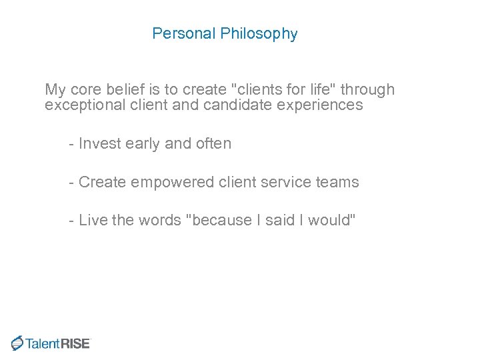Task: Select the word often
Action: pos(213,144)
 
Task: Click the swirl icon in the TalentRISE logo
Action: pos(17,343)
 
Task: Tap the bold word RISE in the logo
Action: pos(75,343)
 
